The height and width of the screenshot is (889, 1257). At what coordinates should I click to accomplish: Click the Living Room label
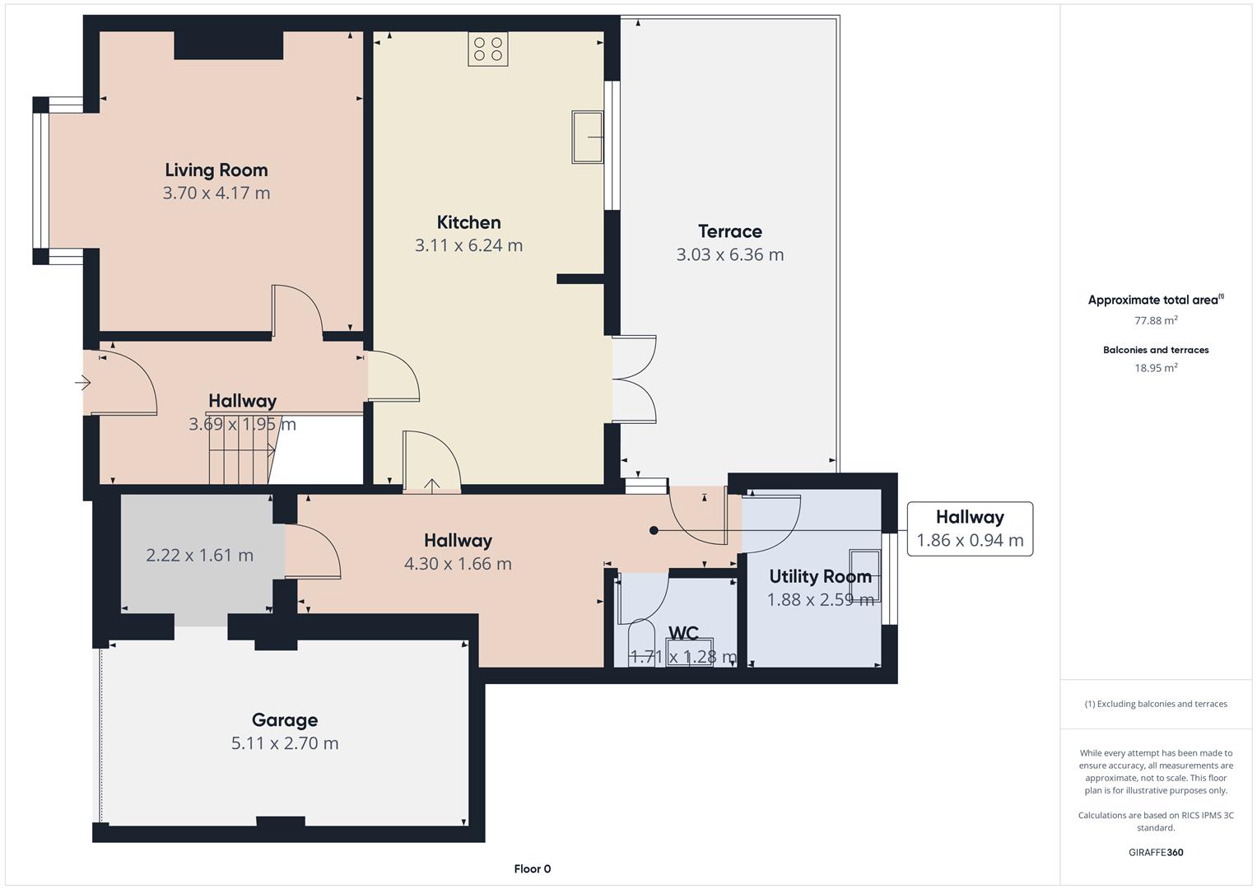point(216,170)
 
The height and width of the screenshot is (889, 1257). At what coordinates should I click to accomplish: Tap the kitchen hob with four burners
point(487,49)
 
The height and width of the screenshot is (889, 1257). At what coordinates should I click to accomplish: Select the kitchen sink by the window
point(587,137)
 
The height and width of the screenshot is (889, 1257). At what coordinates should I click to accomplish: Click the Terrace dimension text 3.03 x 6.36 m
point(729,255)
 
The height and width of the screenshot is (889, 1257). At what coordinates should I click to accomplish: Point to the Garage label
point(285,719)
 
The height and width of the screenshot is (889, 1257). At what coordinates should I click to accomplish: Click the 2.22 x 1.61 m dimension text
point(200,555)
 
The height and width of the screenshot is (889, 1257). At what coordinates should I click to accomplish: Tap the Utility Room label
point(820,576)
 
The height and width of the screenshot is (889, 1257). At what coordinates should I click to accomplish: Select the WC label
point(683,633)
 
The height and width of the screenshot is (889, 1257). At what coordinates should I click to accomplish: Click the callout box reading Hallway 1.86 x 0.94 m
point(970,528)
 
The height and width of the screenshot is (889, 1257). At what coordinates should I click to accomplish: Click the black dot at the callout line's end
point(654,530)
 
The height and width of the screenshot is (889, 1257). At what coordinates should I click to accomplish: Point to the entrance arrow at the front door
point(82,384)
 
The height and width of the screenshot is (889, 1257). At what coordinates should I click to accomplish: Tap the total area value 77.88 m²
point(1156,320)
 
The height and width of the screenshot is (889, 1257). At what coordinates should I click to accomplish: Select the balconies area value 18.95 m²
point(1156,368)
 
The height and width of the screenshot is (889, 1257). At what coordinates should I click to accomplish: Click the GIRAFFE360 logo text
point(1156,852)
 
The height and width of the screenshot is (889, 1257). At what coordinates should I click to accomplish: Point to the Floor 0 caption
point(533,868)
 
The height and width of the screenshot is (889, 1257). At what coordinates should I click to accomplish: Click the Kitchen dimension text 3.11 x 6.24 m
point(468,245)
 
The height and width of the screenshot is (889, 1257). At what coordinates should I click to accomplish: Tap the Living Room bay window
point(41,180)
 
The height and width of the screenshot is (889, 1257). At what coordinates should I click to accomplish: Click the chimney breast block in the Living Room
point(228,45)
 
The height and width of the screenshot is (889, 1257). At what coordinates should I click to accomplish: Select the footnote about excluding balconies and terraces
point(1156,704)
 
